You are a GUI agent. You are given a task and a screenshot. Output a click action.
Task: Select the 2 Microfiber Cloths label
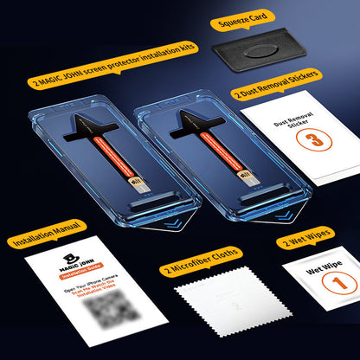(203, 271)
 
